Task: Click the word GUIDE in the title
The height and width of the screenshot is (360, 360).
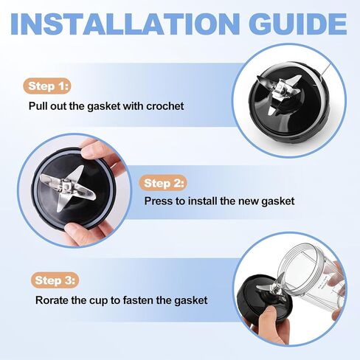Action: tap(298, 24)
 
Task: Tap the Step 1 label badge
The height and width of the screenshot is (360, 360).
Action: tap(46, 86)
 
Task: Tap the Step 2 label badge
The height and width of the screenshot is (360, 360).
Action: tap(163, 183)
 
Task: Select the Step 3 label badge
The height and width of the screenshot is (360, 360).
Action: tap(55, 280)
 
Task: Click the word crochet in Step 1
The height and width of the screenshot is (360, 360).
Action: tap(165, 106)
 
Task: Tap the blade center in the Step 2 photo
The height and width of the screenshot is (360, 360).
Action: tap(66, 186)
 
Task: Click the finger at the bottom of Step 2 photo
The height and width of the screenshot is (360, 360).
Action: tap(78, 234)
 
